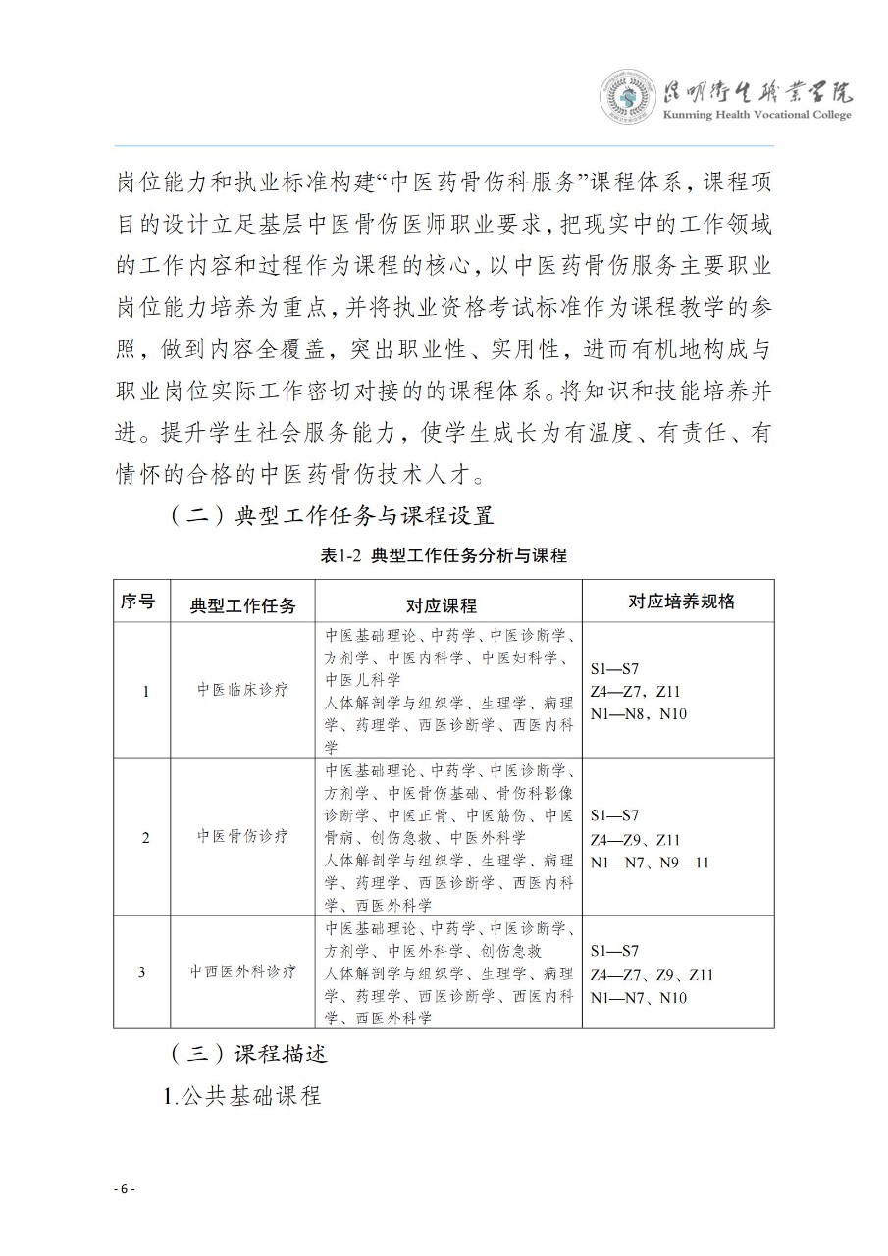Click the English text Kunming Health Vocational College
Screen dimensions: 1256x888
tap(757, 115)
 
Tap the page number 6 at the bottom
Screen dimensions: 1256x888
tap(124, 1188)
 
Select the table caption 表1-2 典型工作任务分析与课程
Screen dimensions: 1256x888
tap(444, 555)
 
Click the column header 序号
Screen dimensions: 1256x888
tap(138, 602)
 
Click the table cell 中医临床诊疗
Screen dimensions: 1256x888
tap(243, 690)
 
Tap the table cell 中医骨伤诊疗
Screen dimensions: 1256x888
tap(243, 837)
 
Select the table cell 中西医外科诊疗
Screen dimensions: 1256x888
tap(243, 972)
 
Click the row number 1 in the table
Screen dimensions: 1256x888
tap(146, 691)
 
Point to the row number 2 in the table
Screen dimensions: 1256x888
tap(146, 838)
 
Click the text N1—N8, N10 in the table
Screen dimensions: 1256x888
tap(639, 713)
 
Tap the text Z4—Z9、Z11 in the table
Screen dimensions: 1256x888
tap(636, 840)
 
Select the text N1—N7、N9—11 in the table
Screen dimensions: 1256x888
tap(650, 863)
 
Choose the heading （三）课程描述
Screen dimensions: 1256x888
tap(247, 1055)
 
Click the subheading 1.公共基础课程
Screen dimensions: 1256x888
tap(242, 1096)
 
